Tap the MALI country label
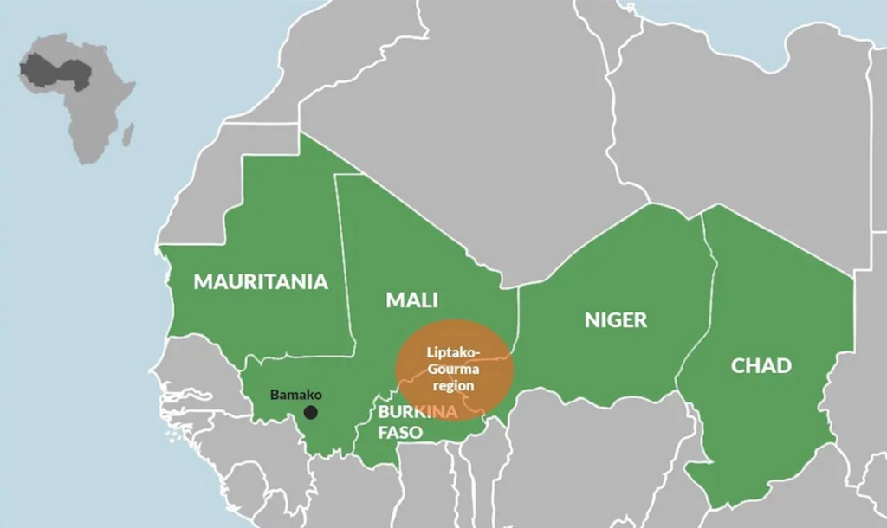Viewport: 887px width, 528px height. point(411,300)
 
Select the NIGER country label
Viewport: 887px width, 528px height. point(615,320)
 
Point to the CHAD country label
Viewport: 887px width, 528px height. point(761,365)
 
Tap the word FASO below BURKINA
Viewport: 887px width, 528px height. point(400,431)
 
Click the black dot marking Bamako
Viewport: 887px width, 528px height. point(310,413)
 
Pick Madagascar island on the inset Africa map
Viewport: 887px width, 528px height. point(128,134)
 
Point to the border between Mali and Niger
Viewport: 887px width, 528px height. point(517,320)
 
